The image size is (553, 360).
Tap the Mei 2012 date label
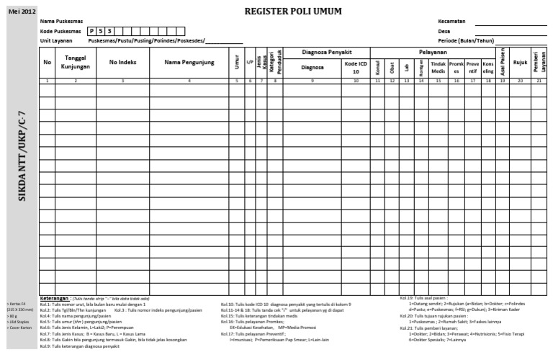coord(19,12)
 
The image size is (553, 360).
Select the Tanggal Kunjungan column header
coord(76,63)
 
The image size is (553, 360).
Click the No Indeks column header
coord(122,63)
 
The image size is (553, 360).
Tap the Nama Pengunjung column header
coord(189,63)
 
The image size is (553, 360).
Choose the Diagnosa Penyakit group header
coord(326,53)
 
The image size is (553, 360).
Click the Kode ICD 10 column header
coord(356,67)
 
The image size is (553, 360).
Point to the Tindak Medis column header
coord(438,67)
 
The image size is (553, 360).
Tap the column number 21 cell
coord(539,81)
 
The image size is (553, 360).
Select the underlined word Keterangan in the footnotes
coord(55,298)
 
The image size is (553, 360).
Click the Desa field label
coord(444,32)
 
